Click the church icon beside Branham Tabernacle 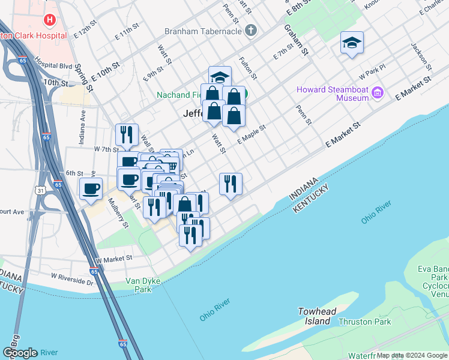(x=252, y=30)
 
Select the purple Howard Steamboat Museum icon (x=377, y=92)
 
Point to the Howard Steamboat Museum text (x=332, y=94)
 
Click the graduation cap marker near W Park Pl (x=352, y=43)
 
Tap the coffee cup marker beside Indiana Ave (x=91, y=188)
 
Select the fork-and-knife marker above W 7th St (x=127, y=134)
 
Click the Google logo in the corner (x=20, y=353)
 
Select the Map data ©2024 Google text (x=412, y=355)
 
